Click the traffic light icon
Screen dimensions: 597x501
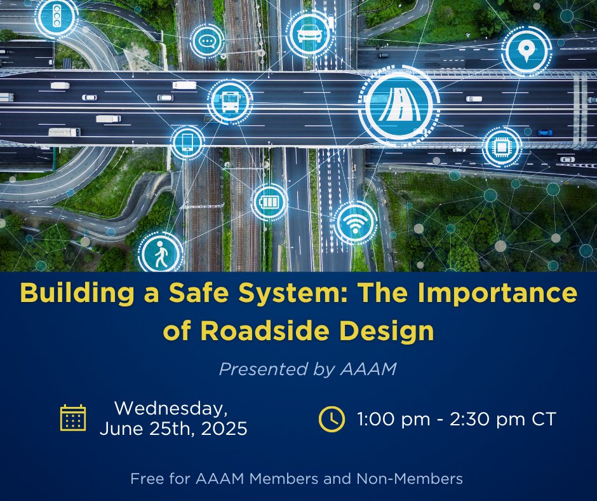point(57,15)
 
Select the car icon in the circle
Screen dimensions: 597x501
point(309,34)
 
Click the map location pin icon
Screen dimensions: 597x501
point(526,51)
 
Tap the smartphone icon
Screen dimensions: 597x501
point(187,142)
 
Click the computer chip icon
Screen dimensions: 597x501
point(502,146)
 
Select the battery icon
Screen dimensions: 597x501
point(269,202)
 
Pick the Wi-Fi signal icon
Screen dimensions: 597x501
point(355,223)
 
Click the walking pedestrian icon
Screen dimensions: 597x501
point(161,254)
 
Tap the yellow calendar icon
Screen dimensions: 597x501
point(73,418)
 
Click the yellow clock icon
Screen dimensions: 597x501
point(332,418)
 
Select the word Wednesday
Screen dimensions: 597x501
point(171,408)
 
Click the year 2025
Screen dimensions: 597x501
point(224,429)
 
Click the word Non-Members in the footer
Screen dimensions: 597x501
point(410,478)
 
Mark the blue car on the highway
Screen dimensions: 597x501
point(545,132)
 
